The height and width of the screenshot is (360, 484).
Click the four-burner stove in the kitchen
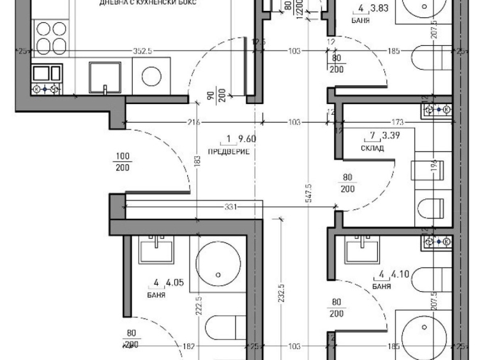click(50, 38)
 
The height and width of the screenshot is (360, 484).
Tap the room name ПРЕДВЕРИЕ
click(228, 151)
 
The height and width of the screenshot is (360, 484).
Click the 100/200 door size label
click(123, 161)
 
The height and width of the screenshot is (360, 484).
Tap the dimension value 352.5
click(142, 52)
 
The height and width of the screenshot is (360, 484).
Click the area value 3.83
click(379, 9)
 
